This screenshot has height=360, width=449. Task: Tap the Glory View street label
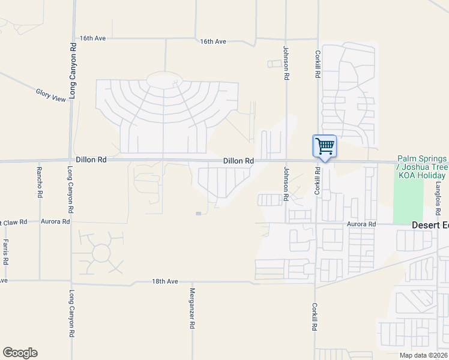(50, 95)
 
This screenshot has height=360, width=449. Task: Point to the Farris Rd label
(5, 252)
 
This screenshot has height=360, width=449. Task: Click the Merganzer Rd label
(193, 308)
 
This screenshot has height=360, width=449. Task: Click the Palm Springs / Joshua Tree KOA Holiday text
(421, 167)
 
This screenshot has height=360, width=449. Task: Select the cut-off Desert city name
(430, 225)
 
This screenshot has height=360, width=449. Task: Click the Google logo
(20, 353)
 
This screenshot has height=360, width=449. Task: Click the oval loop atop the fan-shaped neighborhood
(164, 80)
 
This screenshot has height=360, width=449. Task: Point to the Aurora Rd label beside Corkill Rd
(362, 224)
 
